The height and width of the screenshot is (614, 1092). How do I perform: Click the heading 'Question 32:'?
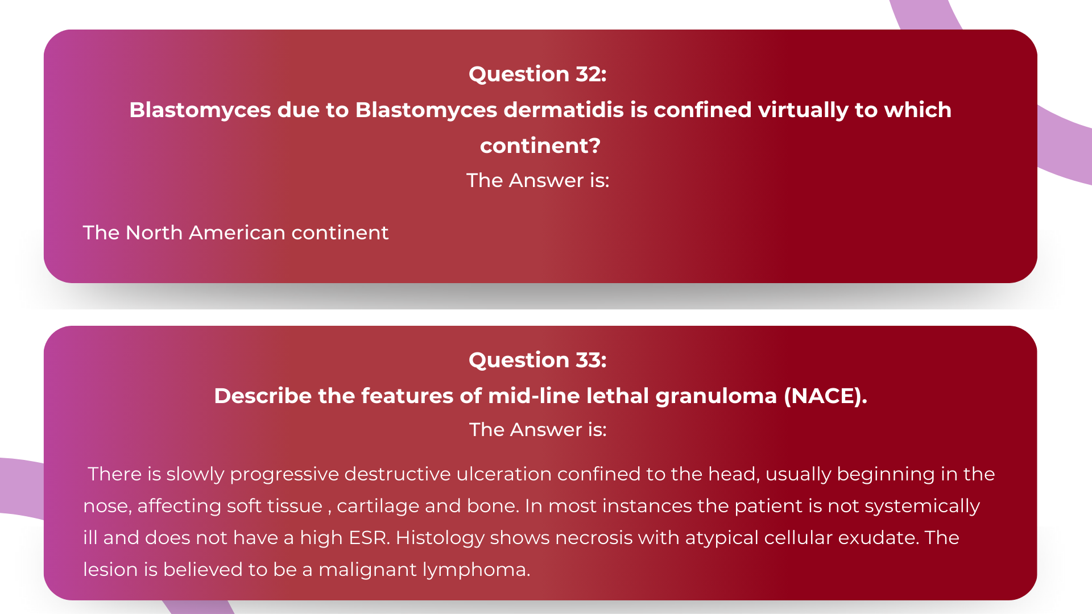click(537, 74)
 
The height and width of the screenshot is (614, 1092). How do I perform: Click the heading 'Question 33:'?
click(537, 360)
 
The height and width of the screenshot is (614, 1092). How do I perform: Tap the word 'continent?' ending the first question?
click(540, 146)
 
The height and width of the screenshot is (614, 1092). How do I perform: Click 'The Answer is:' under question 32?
click(537, 181)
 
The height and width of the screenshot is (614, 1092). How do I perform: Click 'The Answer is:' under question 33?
click(537, 430)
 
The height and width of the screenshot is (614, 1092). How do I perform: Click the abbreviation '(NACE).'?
click(825, 396)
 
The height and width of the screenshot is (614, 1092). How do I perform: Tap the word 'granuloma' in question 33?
click(715, 396)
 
